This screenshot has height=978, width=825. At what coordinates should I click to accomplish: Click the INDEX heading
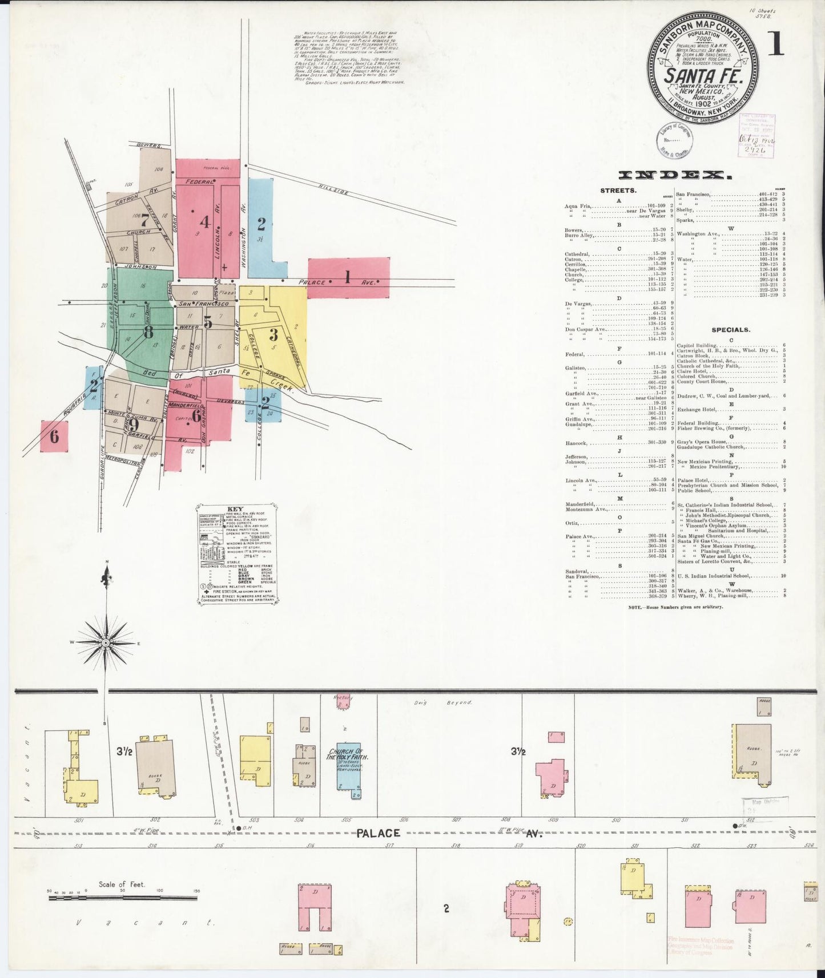[x=675, y=176]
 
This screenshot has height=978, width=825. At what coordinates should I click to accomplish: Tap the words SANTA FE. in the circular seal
[x=702, y=76]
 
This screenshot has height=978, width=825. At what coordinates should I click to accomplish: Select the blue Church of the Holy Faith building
[x=348, y=765]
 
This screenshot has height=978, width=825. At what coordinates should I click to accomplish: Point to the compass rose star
[x=106, y=643]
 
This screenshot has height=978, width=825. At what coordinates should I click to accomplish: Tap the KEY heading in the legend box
[x=235, y=510]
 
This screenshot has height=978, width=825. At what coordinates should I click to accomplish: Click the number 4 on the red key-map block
[x=204, y=221]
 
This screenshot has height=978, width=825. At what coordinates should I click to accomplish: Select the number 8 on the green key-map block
[x=148, y=331]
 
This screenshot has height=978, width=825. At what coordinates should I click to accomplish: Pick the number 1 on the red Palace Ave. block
[x=347, y=277]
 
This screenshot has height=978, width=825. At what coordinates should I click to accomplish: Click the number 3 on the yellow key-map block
[x=273, y=334]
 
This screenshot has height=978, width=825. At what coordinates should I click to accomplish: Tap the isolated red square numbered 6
[x=54, y=437]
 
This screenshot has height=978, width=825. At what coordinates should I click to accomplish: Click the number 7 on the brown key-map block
[x=145, y=220]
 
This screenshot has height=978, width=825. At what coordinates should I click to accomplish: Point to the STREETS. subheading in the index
[x=618, y=190]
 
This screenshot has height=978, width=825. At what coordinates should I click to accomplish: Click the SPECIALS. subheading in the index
[x=731, y=330]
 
